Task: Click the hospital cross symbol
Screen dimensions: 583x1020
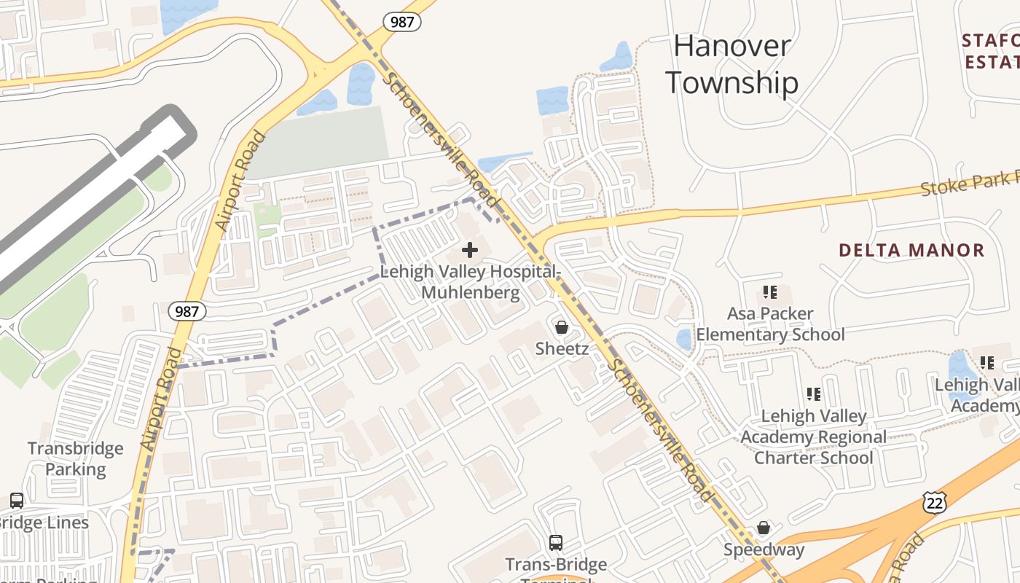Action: (x=470, y=251)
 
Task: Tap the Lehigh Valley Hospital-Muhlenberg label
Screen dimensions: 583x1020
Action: (x=471, y=282)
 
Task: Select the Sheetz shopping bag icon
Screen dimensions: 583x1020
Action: (x=562, y=327)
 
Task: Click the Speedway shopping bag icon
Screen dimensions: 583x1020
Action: (x=764, y=528)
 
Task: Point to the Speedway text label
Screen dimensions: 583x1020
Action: (x=764, y=549)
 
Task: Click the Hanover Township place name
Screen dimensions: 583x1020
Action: (x=731, y=64)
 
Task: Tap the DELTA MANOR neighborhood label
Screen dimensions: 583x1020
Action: (x=911, y=251)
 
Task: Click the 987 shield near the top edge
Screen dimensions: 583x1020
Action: (x=403, y=21)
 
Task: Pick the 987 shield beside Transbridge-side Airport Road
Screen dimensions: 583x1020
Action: (x=187, y=311)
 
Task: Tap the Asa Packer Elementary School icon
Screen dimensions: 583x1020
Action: (x=770, y=293)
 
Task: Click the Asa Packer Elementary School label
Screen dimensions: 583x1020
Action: (x=770, y=324)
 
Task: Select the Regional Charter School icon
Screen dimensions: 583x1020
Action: (x=814, y=395)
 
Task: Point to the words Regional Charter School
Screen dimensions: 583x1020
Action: (x=813, y=447)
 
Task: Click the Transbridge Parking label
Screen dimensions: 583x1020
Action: (x=76, y=458)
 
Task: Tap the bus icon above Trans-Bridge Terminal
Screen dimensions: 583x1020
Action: (x=556, y=543)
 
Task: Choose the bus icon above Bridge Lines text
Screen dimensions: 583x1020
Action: (x=17, y=501)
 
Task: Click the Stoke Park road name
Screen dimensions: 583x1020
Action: (x=969, y=183)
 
